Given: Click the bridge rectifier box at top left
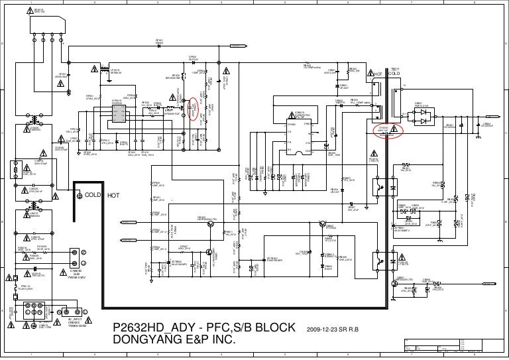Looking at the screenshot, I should tap(27, 30).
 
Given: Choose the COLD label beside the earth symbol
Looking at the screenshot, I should tap(93, 195).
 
